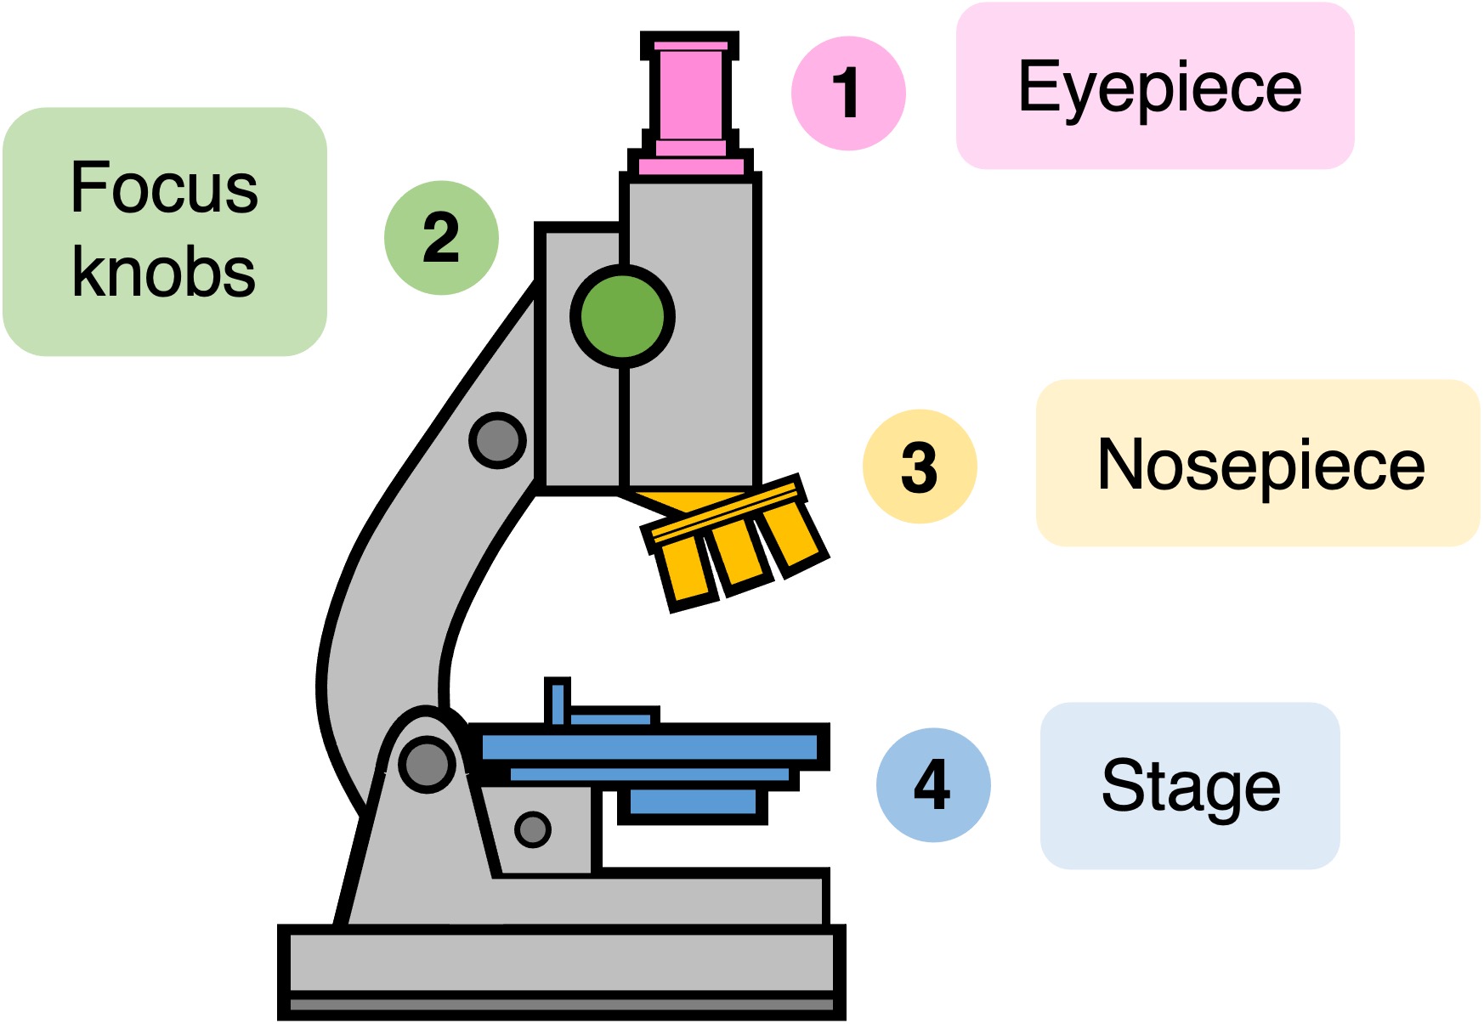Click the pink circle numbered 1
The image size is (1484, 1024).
[847, 93]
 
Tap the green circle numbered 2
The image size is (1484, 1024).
[441, 238]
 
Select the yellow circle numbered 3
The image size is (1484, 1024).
[920, 467]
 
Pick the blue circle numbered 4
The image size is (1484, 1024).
[932, 785]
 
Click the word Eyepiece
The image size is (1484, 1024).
[1159, 87]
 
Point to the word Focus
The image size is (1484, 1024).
[164, 188]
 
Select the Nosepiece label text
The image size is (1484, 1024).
[1260, 465]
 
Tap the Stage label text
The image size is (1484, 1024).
[1190, 786]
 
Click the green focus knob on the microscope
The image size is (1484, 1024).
[622, 316]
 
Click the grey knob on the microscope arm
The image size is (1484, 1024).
[497, 440]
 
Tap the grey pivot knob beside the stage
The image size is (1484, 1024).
[427, 763]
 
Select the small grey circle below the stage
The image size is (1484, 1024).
[533, 829]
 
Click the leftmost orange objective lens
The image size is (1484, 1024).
[690, 571]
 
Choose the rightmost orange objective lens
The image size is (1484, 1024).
[790, 533]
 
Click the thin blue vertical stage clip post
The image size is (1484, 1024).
[557, 702]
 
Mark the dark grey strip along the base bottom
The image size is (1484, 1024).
[561, 1005]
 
